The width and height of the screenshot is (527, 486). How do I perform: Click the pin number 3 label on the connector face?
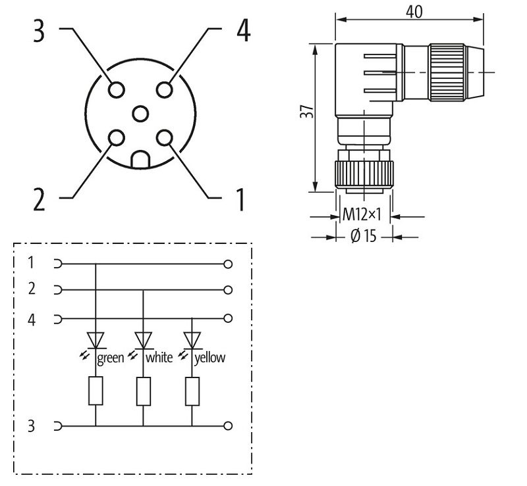pyautogui.click(x=40, y=31)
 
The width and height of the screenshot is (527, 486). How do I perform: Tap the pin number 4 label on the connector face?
pyautogui.click(x=243, y=31)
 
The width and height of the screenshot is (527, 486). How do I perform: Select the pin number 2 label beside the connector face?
pyautogui.click(x=40, y=199)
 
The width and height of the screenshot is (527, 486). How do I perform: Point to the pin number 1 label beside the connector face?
pyautogui.click(x=240, y=199)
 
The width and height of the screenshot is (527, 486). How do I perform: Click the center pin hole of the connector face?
pyautogui.click(x=140, y=114)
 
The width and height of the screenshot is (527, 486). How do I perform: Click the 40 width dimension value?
pyautogui.click(x=414, y=11)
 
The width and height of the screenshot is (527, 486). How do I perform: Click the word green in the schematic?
pyautogui.click(x=111, y=358)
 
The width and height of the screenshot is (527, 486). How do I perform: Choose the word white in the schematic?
pyautogui.click(x=159, y=358)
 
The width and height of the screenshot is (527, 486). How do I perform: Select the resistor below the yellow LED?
pyautogui.click(x=192, y=391)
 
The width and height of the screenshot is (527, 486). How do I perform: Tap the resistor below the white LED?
pyautogui.click(x=144, y=391)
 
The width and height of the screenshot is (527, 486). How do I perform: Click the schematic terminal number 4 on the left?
pyautogui.click(x=32, y=320)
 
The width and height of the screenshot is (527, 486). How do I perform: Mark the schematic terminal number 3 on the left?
pyautogui.click(x=32, y=426)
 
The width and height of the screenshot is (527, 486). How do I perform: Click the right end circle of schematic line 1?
pyautogui.click(x=229, y=264)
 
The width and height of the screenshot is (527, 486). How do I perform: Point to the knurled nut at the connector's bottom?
pyautogui.click(x=364, y=175)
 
